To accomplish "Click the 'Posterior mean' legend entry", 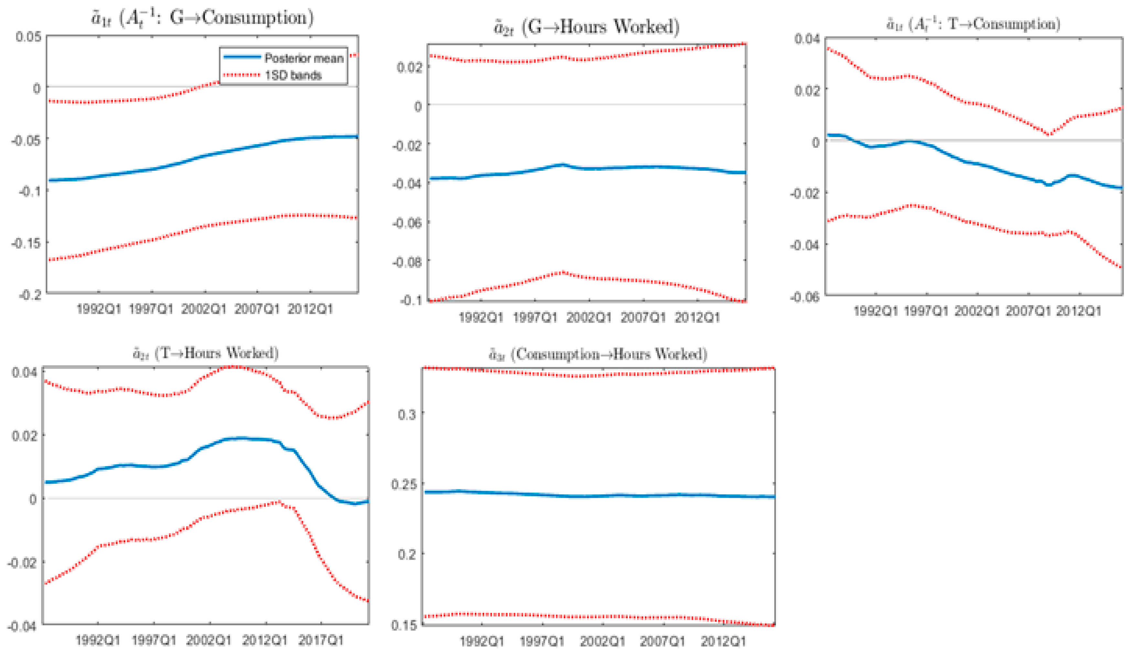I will [304, 58].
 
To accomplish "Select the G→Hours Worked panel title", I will [586, 27].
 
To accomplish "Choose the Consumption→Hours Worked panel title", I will [598, 354].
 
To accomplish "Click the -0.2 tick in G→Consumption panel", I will [30, 295].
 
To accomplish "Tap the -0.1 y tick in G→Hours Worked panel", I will [410, 300].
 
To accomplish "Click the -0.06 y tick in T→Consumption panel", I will [805, 297].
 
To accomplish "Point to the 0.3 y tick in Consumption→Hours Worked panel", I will [407, 414].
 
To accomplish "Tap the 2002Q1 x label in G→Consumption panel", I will [204, 309].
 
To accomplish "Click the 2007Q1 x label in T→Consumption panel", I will [1028, 311].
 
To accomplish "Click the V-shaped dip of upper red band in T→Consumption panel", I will [1049, 134].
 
